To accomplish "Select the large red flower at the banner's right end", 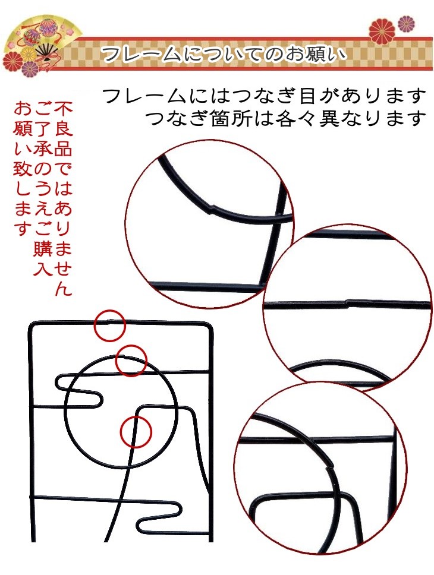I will [382, 30].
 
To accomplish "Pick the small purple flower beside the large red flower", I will [406, 24].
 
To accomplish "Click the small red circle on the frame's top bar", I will [109, 325].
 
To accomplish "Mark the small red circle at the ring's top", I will [131, 361].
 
